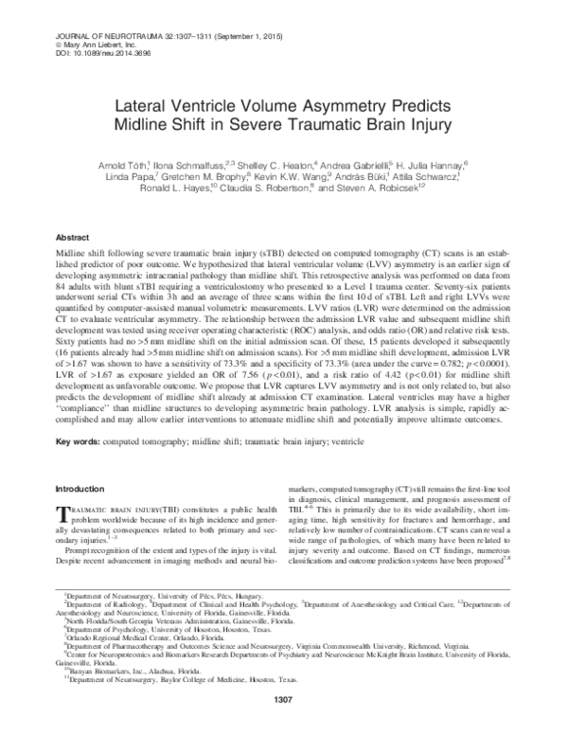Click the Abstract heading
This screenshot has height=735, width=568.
coord(75,237)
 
